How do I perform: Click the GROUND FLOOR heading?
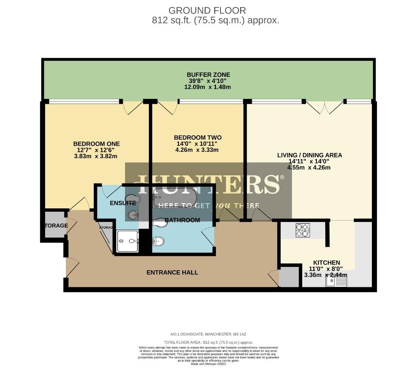click(207, 10)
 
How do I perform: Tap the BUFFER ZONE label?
click(208, 75)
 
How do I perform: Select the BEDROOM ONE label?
click(97, 144)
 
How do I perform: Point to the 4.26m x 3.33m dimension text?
click(197, 150)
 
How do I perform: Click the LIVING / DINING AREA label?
click(309, 155)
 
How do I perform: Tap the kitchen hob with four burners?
click(303, 230)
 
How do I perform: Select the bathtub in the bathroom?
click(174, 197)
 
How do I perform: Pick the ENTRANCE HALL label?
click(172, 272)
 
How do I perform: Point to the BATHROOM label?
click(182, 220)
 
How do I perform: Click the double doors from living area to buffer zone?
click(325, 107)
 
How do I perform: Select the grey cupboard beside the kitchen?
click(289, 276)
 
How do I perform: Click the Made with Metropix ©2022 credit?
click(208, 364)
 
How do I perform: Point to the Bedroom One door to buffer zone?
click(133, 107)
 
